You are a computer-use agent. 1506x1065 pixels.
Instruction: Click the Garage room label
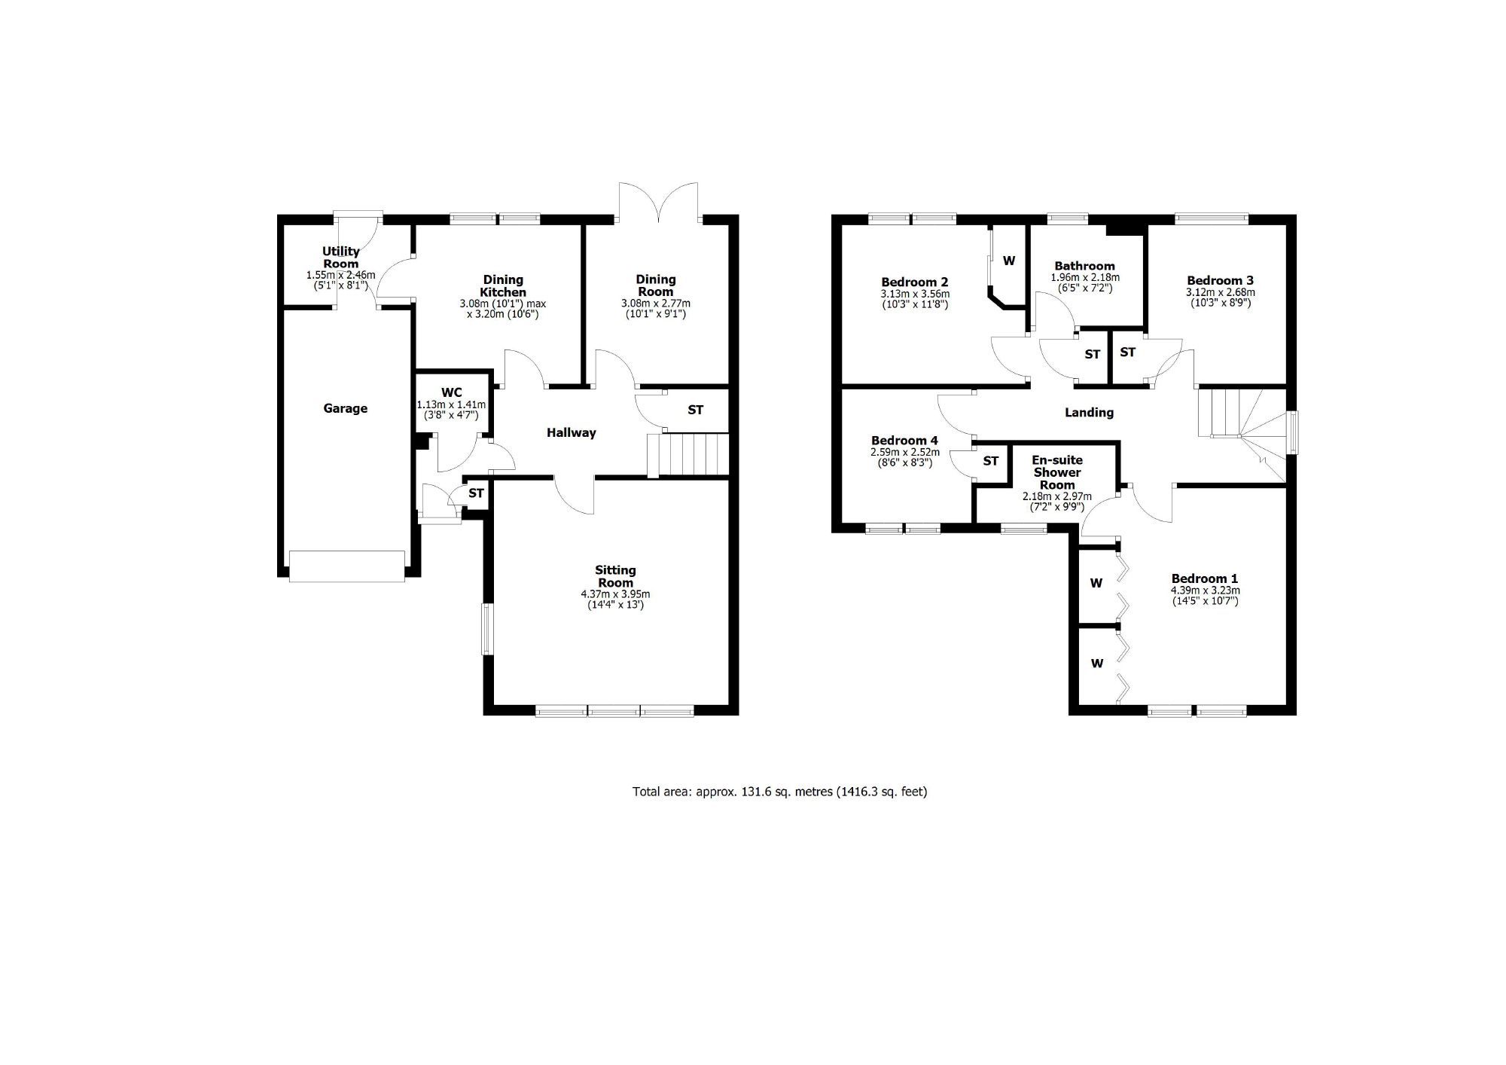[346, 408]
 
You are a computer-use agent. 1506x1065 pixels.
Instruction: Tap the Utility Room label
[341, 258]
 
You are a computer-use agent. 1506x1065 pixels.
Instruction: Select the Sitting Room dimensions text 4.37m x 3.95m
[615, 594]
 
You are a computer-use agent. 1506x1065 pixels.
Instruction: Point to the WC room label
[452, 392]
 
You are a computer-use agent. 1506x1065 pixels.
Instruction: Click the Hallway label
[572, 432]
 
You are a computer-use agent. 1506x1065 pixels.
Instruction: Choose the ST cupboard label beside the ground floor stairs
[696, 410]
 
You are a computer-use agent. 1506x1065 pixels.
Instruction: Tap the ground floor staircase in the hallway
[688, 455]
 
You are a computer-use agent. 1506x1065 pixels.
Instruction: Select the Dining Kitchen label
[504, 286]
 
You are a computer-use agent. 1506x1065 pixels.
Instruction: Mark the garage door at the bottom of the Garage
[347, 566]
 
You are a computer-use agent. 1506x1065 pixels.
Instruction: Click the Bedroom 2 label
[915, 282]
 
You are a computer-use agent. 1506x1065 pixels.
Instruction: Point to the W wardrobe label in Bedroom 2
[1009, 261]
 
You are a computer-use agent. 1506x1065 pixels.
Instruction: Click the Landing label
[1089, 413]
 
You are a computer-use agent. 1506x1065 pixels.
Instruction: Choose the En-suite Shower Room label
[1057, 472]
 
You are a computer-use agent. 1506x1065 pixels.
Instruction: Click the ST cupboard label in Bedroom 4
[991, 461]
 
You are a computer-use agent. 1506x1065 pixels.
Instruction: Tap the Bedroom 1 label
[1205, 579]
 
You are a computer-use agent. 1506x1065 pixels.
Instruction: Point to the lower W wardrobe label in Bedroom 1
[1097, 664]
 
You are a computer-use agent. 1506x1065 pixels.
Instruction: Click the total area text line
[779, 792]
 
